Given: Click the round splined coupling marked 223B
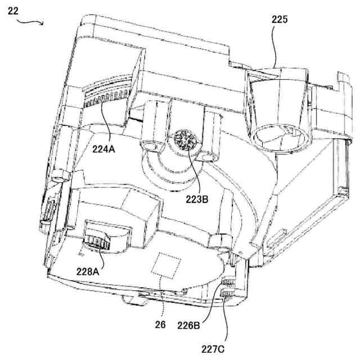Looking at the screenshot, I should (184, 139).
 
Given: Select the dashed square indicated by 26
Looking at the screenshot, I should (167, 264).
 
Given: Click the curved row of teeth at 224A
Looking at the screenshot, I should (104, 101).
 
